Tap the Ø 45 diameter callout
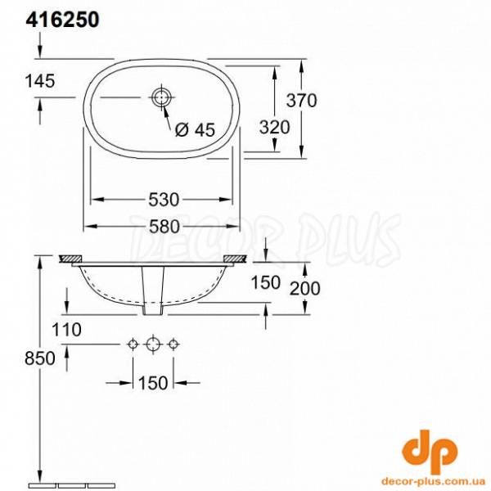[x=194, y=128]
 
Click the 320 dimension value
[x=274, y=128]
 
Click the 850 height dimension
[x=40, y=358]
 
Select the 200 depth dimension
[x=304, y=287]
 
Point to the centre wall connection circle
[x=152, y=345]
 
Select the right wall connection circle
[x=173, y=345]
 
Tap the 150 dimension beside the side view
[x=264, y=282]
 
